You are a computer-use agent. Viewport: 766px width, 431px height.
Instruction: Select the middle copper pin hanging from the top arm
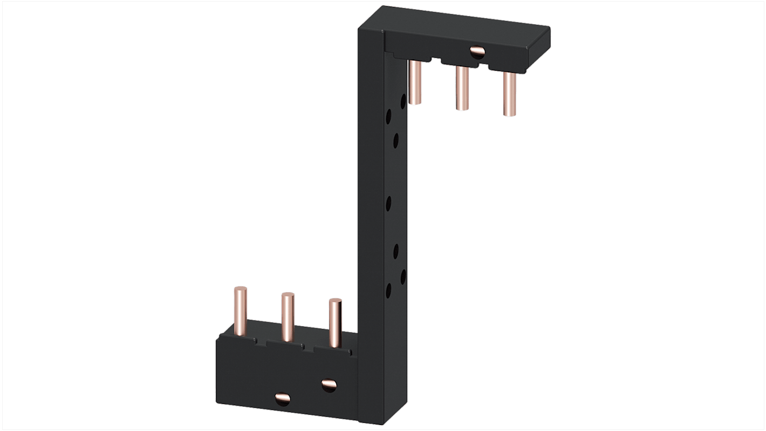pos(462,89)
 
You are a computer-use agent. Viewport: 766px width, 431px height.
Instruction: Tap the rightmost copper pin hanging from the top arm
pos(509,95)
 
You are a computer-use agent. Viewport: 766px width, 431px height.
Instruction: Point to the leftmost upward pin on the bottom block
pos(240,311)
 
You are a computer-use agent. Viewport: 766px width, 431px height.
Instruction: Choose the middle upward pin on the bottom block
pos(287,318)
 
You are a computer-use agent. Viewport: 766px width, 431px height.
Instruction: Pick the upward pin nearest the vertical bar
pos(335,324)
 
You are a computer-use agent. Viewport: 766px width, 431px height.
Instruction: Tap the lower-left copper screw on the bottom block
pos(282,399)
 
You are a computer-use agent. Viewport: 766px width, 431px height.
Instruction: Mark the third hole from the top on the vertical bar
pos(396,140)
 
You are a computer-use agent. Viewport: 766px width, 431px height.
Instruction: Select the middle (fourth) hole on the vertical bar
pos(388,204)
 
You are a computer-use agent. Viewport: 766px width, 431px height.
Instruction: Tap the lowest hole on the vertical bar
pos(388,291)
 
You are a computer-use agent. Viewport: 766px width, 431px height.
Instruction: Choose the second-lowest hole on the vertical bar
pos(402,277)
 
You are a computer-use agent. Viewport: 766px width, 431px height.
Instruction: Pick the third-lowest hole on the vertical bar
pos(396,250)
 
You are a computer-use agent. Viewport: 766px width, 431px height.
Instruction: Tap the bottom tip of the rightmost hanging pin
pos(509,113)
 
